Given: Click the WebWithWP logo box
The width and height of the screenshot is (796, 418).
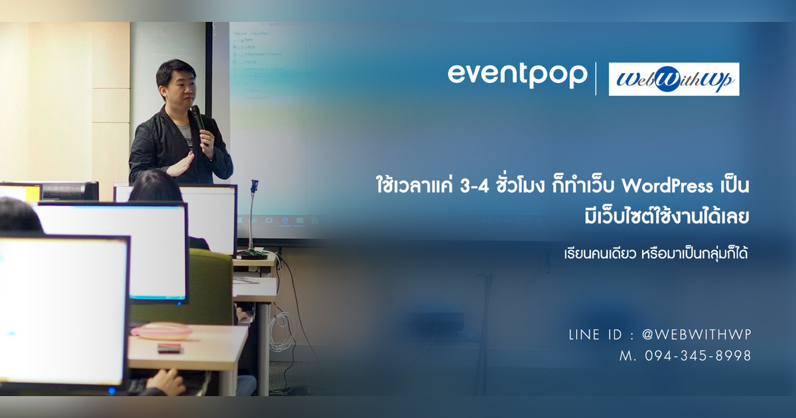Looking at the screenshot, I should pos(673,79).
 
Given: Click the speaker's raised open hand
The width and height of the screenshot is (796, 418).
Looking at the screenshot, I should pos(179,165).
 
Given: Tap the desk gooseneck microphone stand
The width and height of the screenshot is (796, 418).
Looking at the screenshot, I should pos(253,219).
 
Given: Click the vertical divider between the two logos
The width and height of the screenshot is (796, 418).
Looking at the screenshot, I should pos(596,78).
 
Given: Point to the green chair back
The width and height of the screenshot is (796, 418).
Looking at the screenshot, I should pos(199,285).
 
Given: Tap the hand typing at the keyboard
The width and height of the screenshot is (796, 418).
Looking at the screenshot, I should pos(166,383).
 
